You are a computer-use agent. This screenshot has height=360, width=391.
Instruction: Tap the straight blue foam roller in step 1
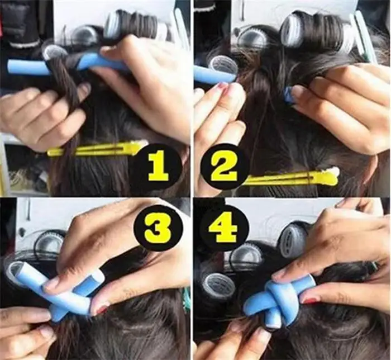tap(34, 67)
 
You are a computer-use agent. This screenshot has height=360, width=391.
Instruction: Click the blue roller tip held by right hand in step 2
tap(288, 95)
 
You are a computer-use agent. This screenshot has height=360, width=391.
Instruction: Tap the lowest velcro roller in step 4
tap(218, 286)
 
